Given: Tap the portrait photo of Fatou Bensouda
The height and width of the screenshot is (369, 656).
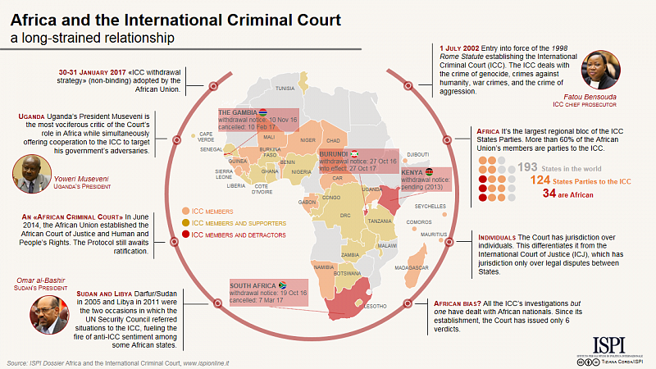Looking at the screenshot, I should [599, 71].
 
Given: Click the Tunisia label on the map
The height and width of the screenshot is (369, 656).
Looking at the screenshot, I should [285, 88].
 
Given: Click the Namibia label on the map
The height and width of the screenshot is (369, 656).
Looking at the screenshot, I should [324, 266].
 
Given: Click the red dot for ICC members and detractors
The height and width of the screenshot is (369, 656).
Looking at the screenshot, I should [186, 234].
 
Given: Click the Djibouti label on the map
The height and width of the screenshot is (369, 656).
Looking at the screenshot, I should [418, 154].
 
